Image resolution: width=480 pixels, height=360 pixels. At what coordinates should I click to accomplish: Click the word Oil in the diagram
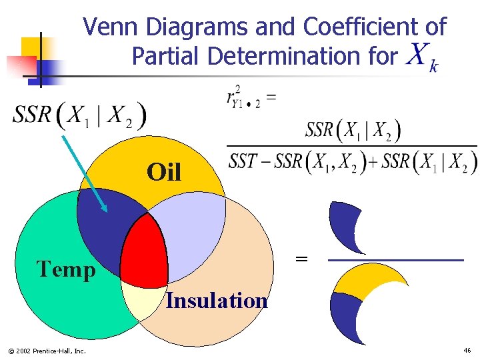click(164, 173)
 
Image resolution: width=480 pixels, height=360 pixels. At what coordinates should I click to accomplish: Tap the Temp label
click(66, 269)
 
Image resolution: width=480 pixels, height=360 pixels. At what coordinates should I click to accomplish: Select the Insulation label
click(217, 301)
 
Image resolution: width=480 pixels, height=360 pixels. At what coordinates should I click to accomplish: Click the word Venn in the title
click(111, 28)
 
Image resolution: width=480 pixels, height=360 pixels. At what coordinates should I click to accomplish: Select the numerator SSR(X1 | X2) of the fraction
click(353, 131)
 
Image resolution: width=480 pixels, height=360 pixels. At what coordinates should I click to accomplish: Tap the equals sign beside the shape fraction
click(301, 259)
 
